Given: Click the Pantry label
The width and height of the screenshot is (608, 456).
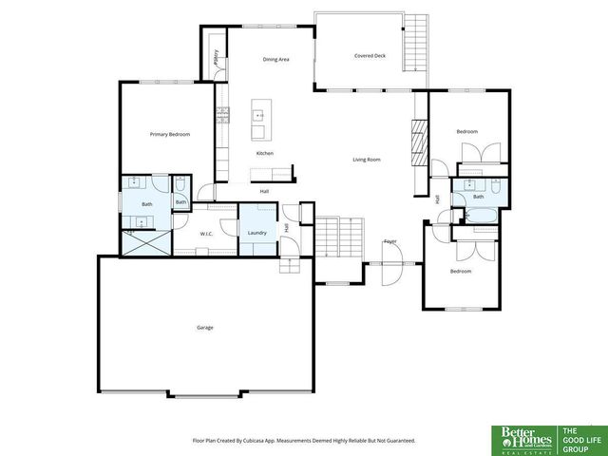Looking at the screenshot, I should pyautogui.click(x=217, y=58).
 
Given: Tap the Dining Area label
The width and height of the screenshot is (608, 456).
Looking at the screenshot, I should pyautogui.click(x=275, y=59).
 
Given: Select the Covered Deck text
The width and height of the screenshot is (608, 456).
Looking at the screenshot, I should pyautogui.click(x=370, y=56).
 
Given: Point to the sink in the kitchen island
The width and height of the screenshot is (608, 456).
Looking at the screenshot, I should pyautogui.click(x=257, y=116).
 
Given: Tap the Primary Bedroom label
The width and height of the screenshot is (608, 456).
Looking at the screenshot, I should pyautogui.click(x=170, y=135).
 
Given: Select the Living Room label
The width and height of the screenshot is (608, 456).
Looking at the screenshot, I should pyautogui.click(x=367, y=160).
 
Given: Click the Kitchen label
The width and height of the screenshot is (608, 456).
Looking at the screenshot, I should pyautogui.click(x=265, y=153).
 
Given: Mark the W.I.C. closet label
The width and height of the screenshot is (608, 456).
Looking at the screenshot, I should pyautogui.click(x=206, y=233).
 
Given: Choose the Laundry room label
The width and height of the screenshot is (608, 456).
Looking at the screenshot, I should pyautogui.click(x=256, y=233).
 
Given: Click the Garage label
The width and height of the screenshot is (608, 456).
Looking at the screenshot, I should pyautogui.click(x=204, y=328).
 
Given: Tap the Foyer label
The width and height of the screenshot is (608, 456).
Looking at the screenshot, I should pyautogui.click(x=390, y=241).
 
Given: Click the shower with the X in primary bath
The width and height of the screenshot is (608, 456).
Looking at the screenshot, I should pyautogui.click(x=144, y=242).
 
